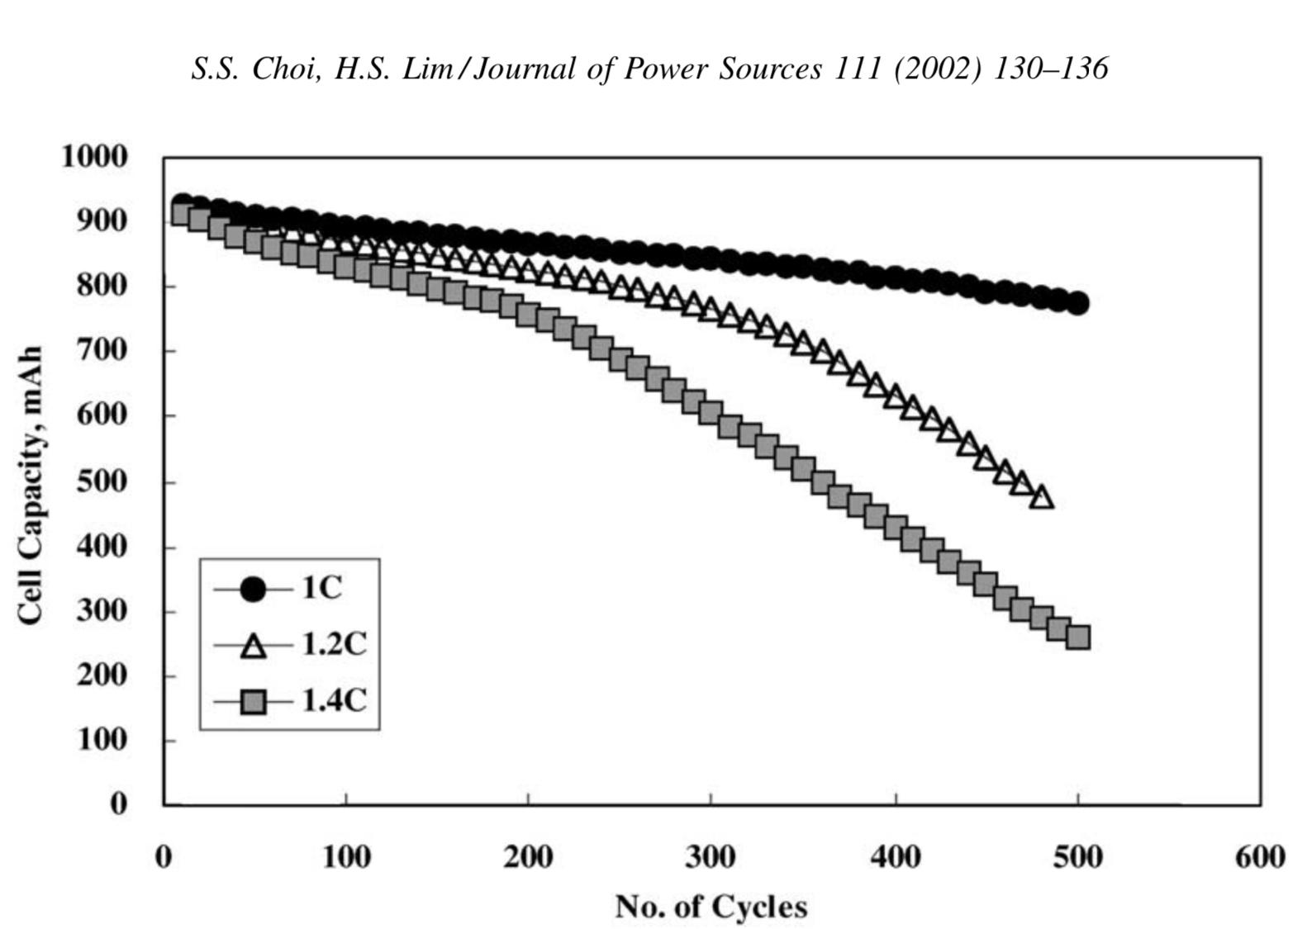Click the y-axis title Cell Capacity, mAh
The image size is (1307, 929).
pyautogui.click(x=30, y=486)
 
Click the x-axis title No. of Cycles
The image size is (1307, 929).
pyautogui.click(x=711, y=906)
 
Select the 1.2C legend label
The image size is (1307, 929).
pyautogui.click(x=333, y=643)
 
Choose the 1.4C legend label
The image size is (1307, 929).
pyautogui.click(x=333, y=700)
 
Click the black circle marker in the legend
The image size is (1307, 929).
pyautogui.click(x=253, y=589)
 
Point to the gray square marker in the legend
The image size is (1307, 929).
pyautogui.click(x=253, y=702)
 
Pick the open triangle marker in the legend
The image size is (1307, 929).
pyautogui.click(x=253, y=646)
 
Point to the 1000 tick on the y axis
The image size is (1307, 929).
pyautogui.click(x=94, y=156)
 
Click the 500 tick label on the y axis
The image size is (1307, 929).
pyautogui.click(x=102, y=481)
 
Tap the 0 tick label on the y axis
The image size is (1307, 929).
pyautogui.click(x=119, y=803)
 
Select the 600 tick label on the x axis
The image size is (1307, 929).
pyautogui.click(x=1260, y=857)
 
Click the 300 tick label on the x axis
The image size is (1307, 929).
pyautogui.click(x=711, y=857)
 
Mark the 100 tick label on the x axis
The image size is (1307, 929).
pyautogui.click(x=345, y=857)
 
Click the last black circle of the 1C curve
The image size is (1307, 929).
pyautogui.click(x=1077, y=303)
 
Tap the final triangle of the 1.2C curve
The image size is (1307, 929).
pyautogui.click(x=1042, y=497)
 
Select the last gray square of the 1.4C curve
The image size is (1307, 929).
pyautogui.click(x=1077, y=637)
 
